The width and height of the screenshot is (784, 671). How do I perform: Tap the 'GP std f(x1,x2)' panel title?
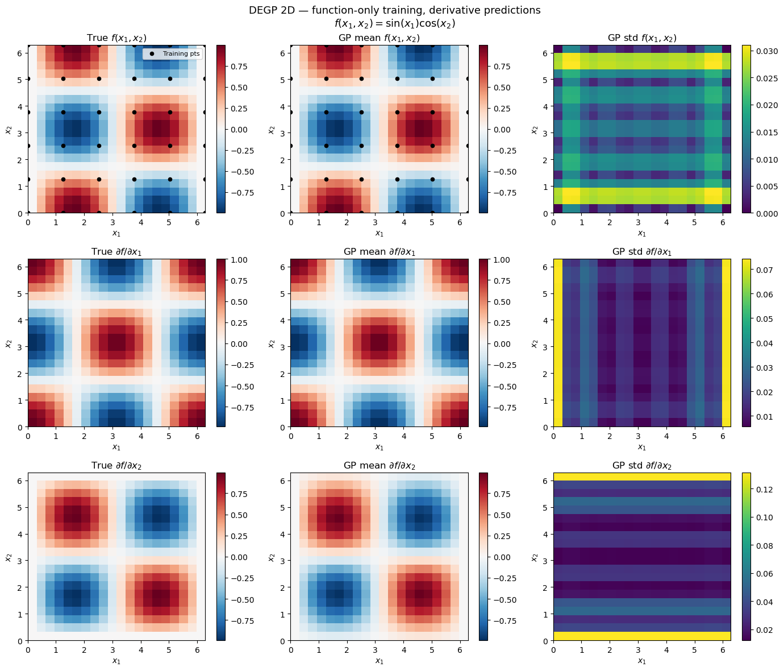coord(641,38)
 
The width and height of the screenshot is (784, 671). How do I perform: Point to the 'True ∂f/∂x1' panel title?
coord(116,252)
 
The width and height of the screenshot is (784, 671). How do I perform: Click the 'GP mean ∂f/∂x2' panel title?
coord(379,466)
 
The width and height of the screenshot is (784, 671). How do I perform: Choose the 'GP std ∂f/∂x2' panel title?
coord(641,466)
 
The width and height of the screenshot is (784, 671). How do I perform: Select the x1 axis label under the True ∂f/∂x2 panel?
coord(116,661)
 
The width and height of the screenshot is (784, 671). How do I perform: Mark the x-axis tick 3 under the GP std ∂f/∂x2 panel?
coord(638,648)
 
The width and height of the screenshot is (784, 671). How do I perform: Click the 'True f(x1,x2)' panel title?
coord(116,38)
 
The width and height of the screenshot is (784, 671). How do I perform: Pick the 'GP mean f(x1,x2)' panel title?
coord(379,38)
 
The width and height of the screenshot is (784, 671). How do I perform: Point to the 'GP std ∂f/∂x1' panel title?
coord(641,252)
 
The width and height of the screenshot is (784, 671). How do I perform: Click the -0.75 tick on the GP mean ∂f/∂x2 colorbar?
coord(502,621)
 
